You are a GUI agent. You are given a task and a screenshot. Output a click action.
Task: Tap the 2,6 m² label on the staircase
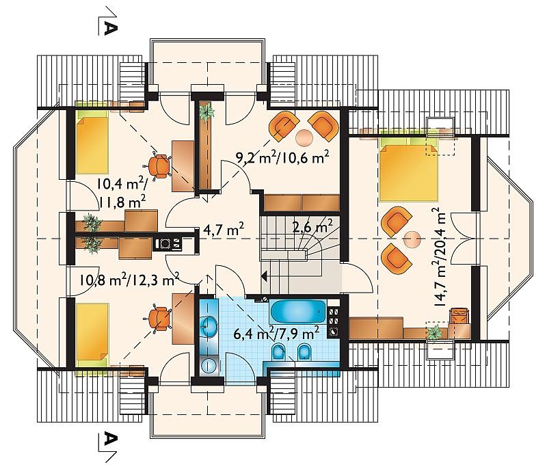(x=312, y=226)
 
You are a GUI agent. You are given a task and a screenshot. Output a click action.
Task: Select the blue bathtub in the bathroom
(x=298, y=312)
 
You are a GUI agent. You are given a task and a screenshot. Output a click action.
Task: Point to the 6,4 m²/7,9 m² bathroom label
(x=277, y=335)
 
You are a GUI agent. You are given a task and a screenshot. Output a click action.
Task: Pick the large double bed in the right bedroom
(x=408, y=172)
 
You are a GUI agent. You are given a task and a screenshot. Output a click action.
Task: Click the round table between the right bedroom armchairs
(x=412, y=240)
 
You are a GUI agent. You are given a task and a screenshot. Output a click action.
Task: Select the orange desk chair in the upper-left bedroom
(x=160, y=166)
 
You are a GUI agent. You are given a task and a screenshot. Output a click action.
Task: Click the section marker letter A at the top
(x=109, y=27)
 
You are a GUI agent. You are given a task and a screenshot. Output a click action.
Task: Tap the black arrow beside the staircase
(x=264, y=277)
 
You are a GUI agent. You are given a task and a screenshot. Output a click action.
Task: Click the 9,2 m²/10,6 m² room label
(x=282, y=158)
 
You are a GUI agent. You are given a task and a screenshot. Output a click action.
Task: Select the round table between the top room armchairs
(x=304, y=137)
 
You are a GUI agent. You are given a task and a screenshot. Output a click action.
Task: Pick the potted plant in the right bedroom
(x=433, y=332)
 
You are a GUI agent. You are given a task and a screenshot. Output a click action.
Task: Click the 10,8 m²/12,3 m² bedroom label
(x=129, y=279)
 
